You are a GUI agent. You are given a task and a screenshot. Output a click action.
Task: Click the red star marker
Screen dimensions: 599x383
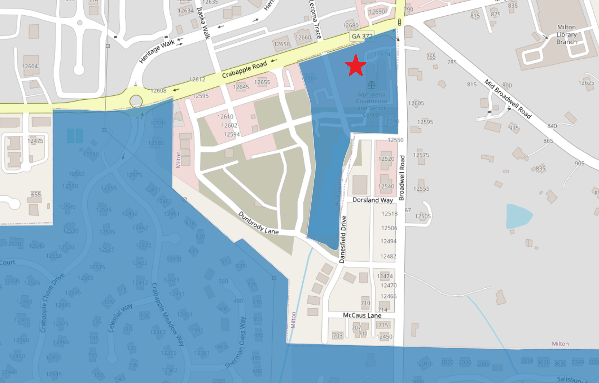tap(355, 66)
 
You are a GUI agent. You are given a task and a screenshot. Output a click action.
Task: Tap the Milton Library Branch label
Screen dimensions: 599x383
tap(566, 35)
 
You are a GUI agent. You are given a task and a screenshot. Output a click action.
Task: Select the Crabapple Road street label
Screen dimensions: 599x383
tap(244, 70)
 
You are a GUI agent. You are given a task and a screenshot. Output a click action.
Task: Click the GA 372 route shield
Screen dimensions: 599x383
tap(362, 36)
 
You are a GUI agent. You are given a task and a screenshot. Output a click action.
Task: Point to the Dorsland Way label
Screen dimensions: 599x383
tap(372, 200)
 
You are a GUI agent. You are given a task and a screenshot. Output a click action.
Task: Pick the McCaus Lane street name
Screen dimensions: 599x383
tap(362, 315)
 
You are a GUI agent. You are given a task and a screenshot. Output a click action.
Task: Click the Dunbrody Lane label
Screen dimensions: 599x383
tap(258, 223)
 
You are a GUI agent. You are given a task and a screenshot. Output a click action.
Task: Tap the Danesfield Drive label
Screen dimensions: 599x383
tap(343, 239)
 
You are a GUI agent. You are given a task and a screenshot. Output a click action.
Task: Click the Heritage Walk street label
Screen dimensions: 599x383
tap(157, 51)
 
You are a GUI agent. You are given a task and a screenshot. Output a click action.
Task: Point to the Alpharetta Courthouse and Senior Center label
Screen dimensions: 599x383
tap(371, 105)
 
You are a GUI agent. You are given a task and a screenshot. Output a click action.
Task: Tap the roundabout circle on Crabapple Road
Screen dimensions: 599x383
tap(136, 101)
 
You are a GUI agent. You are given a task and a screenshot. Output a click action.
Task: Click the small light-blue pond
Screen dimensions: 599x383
tap(518, 216)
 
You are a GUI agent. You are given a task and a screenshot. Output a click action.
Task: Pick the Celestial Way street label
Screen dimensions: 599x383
tap(120, 318)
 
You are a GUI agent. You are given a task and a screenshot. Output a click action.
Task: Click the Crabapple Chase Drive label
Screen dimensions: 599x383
tap(52, 303)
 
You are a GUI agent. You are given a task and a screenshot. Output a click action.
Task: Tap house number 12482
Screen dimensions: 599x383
tap(388, 257)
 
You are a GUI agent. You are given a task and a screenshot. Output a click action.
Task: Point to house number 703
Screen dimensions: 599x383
tap(338, 335)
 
